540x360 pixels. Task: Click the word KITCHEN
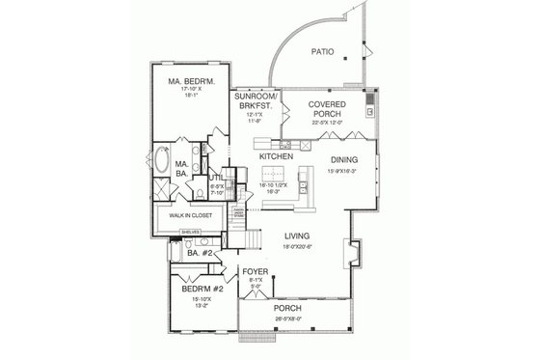coord(276,154)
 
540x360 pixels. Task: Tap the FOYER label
coord(255,272)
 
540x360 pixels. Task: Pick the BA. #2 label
coord(187,253)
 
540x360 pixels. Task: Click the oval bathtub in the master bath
coord(160,160)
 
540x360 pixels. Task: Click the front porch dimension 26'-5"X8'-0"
coord(286,317)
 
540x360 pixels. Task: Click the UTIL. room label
coord(216,178)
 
